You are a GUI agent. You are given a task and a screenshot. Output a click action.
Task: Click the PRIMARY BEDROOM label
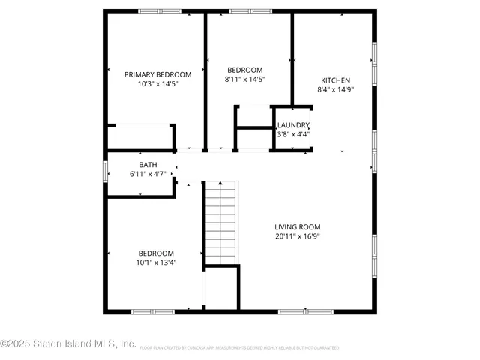[157, 74]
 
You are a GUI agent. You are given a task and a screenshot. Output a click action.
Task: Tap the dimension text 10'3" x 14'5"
[157, 84]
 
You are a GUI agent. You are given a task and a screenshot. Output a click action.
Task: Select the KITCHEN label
[335, 80]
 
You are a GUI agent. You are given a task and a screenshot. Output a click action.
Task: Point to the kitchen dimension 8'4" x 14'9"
[335, 89]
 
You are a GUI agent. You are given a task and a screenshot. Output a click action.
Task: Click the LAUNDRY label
[293, 125]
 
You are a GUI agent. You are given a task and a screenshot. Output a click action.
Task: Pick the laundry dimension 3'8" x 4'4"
[293, 135]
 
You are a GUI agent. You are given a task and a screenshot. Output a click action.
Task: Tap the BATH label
[148, 165]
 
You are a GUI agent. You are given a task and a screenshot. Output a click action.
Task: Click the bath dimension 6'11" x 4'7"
[148, 175]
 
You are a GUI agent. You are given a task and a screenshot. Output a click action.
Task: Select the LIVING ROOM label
[298, 226]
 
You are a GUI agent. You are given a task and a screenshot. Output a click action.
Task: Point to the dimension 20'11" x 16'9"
[298, 236]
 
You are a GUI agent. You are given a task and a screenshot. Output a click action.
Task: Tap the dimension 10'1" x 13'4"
[156, 262]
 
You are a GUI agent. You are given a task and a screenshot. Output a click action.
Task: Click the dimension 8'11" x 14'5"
[245, 79]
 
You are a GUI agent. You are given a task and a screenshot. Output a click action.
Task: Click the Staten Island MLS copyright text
[68, 344]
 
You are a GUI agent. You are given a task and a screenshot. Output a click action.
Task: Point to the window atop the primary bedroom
[159, 11]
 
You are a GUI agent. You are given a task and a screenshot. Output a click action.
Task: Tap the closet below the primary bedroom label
[140, 138]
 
